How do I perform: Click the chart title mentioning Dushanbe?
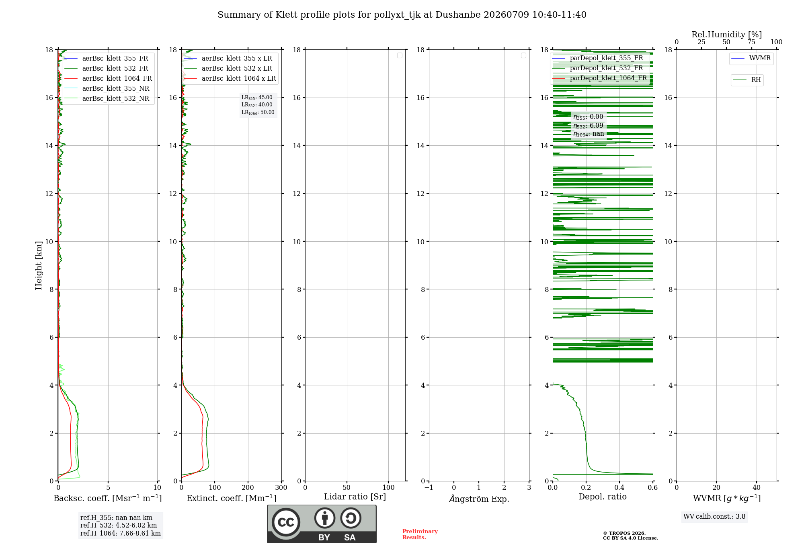[x=402, y=15]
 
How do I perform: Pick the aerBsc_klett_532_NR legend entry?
[x=107, y=98]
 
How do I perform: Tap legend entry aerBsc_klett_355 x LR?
[x=228, y=58]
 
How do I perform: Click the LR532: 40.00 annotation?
[x=257, y=105]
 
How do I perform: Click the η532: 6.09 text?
[x=588, y=126]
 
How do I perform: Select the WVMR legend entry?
[x=751, y=58]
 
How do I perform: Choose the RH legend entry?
[x=747, y=80]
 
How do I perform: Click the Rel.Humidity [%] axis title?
[x=726, y=35]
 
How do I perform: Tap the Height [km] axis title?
[x=39, y=265]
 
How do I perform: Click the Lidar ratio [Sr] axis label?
[x=355, y=497]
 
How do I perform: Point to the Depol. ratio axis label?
[x=603, y=497]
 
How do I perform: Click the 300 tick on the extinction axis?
[x=281, y=487]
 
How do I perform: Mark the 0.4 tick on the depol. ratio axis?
[x=619, y=487]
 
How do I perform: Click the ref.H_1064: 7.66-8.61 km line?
[x=121, y=534]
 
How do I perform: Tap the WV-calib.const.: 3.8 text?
[x=714, y=517]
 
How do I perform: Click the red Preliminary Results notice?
[x=420, y=534]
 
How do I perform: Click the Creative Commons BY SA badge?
[x=322, y=524]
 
